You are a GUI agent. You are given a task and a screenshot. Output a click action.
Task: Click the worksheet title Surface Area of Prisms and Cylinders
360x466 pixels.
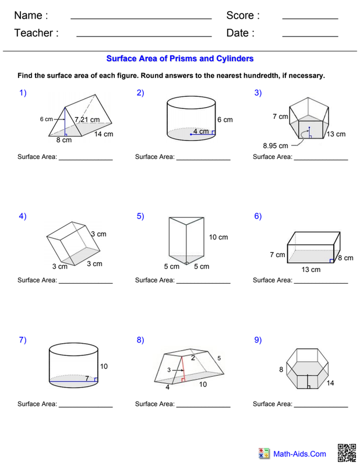[x=179, y=59]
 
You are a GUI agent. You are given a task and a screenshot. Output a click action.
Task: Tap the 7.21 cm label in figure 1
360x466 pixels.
[x=87, y=119]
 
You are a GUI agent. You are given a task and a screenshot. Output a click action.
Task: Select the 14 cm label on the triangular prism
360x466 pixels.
[x=104, y=135]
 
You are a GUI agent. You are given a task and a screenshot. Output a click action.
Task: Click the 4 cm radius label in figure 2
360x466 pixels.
[x=201, y=132]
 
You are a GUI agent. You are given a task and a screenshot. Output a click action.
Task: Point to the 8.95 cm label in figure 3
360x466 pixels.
[x=276, y=146]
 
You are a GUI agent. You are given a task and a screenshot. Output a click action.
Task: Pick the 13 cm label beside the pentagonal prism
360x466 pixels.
[x=336, y=134]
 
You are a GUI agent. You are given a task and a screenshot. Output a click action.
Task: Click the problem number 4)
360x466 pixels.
[x=23, y=216]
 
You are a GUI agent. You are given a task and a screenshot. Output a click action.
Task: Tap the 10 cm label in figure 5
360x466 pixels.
[x=219, y=237]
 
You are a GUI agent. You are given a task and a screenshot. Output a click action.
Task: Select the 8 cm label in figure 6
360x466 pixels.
[x=346, y=258]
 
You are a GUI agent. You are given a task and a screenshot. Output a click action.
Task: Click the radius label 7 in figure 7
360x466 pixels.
[x=87, y=379]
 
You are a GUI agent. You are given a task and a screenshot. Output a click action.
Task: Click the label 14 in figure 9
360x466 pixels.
[x=331, y=383]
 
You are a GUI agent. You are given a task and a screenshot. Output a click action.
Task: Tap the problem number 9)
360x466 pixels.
[x=258, y=340]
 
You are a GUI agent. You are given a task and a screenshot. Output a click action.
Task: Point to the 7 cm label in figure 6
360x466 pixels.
[x=277, y=255]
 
